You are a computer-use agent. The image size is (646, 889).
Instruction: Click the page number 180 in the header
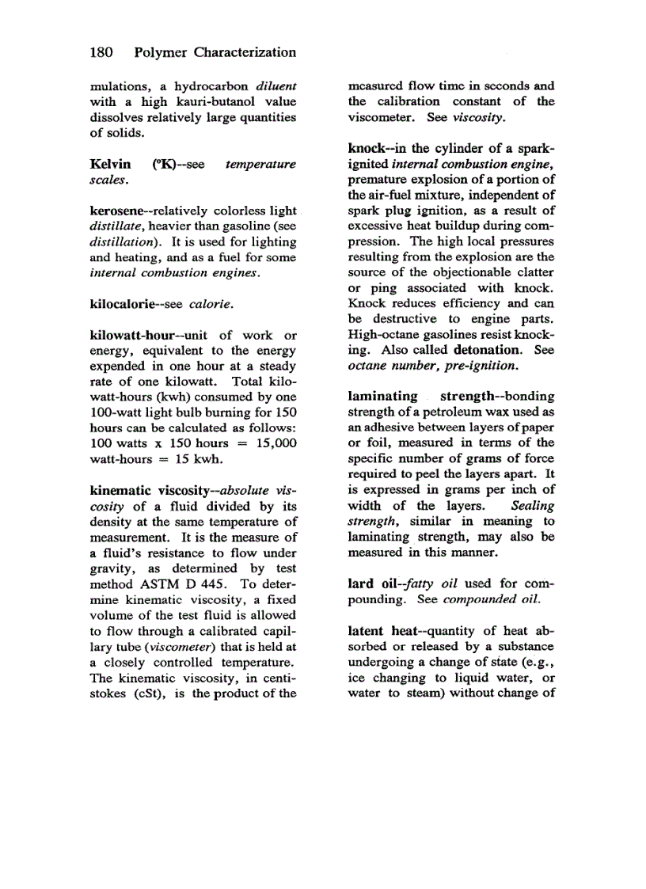click(x=101, y=53)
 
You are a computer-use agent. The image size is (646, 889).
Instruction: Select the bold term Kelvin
click(x=110, y=165)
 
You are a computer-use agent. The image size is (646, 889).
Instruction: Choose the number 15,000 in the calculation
click(x=273, y=443)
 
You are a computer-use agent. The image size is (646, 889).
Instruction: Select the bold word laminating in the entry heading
click(x=382, y=396)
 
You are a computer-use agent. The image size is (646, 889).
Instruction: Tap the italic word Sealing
click(x=532, y=505)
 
